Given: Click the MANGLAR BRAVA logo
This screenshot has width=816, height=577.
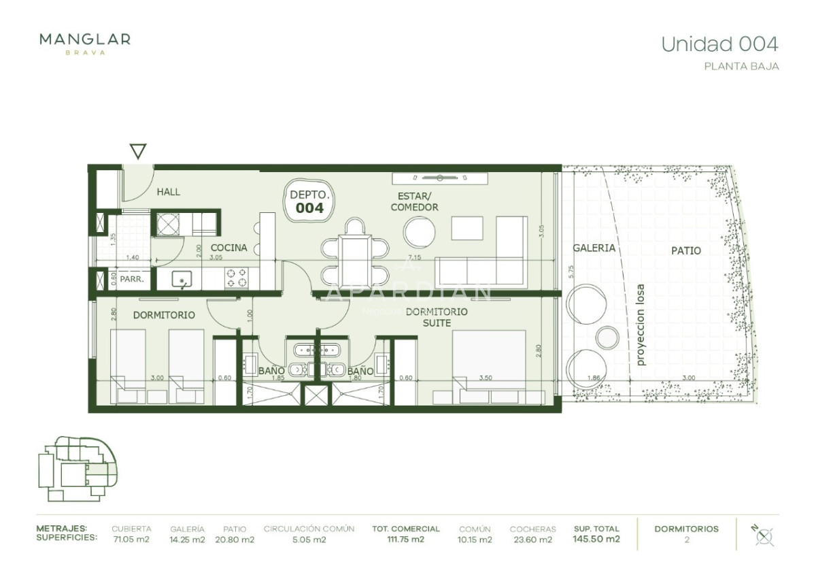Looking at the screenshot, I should [85, 43].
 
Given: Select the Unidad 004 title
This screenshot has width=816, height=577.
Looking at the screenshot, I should [719, 44].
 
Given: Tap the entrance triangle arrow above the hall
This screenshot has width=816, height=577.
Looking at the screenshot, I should [138, 151].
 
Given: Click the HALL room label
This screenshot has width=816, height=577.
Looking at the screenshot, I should [169, 192].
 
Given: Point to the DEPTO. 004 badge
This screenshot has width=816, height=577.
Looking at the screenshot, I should [309, 201].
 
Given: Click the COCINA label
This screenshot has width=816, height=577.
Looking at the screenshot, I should [228, 248].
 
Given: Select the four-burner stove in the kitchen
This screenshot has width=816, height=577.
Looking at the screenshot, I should [236, 277].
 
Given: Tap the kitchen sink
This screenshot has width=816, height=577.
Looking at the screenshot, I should [182, 278].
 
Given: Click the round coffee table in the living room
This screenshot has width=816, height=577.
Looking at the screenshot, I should [420, 232].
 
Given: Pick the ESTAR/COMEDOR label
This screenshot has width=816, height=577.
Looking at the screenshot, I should [414, 202].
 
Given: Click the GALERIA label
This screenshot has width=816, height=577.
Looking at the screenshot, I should [594, 248].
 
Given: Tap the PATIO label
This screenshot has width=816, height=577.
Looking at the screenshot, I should [686, 250].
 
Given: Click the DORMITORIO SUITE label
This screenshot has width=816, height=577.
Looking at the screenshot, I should [437, 317].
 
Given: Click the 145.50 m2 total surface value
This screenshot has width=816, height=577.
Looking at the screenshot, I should [596, 540].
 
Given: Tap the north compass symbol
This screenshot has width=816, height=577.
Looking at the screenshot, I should [764, 535].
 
